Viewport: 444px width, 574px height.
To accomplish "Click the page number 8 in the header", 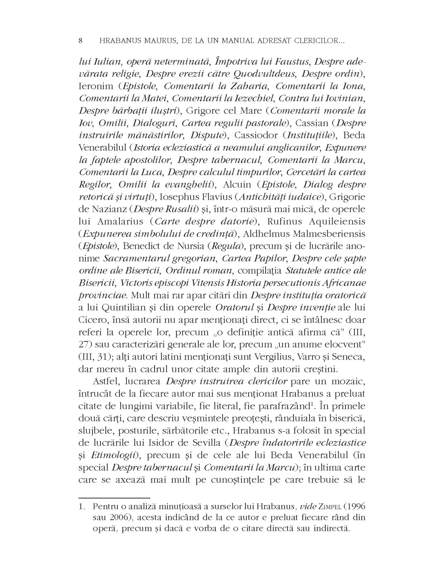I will click(81, 41).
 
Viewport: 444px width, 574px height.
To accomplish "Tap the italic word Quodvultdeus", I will click(264, 75).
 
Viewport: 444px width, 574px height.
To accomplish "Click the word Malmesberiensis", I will click(318, 234).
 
